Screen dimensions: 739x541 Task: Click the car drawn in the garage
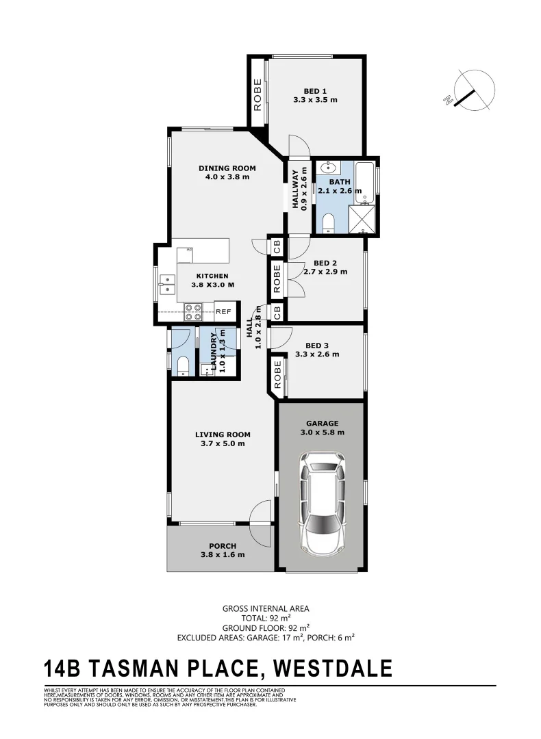tap(321, 502)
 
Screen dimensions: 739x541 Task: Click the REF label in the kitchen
tap(223, 311)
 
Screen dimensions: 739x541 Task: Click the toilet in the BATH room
tap(328, 223)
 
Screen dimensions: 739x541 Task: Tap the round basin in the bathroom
tap(328, 167)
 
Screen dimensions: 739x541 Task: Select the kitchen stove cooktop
tap(193, 311)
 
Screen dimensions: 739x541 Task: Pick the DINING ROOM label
tap(227, 168)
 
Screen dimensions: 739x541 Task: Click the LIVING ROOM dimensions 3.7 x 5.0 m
tap(223, 443)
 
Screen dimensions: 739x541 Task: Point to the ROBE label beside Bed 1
tap(257, 94)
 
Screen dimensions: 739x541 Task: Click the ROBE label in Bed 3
tap(277, 374)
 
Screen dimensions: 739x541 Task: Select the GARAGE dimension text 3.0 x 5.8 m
tap(321, 432)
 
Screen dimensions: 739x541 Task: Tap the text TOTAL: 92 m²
tap(266, 617)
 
